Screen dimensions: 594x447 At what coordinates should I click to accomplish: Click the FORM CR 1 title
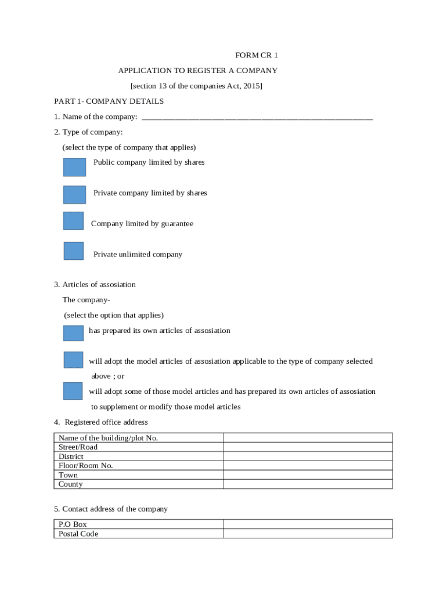(x=257, y=55)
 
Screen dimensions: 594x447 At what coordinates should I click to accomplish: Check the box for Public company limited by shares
(x=74, y=166)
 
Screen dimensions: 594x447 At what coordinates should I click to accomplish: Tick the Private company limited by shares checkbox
(x=74, y=194)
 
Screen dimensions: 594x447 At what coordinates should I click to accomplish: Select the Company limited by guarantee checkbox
(x=74, y=220)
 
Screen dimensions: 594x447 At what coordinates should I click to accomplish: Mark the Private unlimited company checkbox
(x=74, y=251)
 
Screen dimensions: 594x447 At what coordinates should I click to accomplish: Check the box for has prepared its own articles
(x=73, y=333)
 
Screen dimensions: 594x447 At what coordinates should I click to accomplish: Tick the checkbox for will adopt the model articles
(x=73, y=360)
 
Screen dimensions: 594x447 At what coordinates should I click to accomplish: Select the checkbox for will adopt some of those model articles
(x=73, y=391)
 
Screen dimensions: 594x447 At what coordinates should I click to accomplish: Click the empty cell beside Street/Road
(x=308, y=447)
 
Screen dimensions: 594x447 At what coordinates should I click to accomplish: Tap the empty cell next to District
(x=308, y=457)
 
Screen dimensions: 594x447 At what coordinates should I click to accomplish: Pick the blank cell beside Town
(x=308, y=475)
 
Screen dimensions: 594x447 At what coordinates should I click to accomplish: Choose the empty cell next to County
(x=308, y=484)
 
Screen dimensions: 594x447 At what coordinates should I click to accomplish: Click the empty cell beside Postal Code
(x=308, y=534)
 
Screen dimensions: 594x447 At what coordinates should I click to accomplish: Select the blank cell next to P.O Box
(x=308, y=524)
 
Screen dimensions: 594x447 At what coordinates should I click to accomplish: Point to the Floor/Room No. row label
(x=86, y=466)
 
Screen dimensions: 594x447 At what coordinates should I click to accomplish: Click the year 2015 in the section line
(x=251, y=86)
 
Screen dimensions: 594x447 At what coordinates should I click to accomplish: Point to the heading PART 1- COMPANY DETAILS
(x=109, y=102)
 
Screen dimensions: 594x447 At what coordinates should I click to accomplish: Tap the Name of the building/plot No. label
(x=109, y=438)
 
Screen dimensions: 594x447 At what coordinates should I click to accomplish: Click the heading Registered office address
(x=106, y=422)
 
